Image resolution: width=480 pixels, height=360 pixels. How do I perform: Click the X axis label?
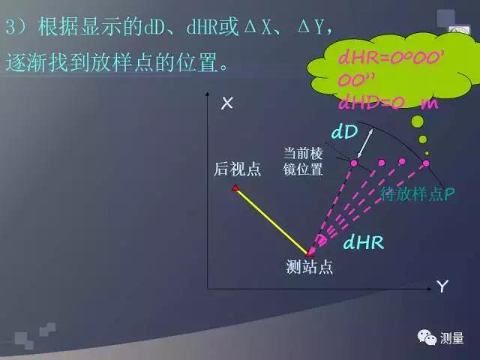coord(227,104)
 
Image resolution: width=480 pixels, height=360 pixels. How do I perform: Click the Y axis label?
coord(442,286)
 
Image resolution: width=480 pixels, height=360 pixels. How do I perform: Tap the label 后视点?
coord(237,169)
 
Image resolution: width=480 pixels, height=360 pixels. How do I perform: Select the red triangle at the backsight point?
coord(235,187)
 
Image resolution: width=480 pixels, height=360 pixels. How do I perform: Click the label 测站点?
coord(309,267)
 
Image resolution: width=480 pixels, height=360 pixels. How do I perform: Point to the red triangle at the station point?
coord(309,253)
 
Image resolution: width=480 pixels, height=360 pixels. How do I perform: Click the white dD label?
coord(343,132)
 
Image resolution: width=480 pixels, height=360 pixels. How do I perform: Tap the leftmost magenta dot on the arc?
coord(354,163)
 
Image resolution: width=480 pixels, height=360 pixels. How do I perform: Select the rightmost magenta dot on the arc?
coord(426,163)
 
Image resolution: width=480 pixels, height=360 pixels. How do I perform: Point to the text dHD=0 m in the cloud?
coord(388,102)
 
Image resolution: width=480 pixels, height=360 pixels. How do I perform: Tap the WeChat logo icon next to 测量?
coord(427,337)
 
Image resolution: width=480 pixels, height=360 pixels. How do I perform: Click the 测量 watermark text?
coord(452,338)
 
